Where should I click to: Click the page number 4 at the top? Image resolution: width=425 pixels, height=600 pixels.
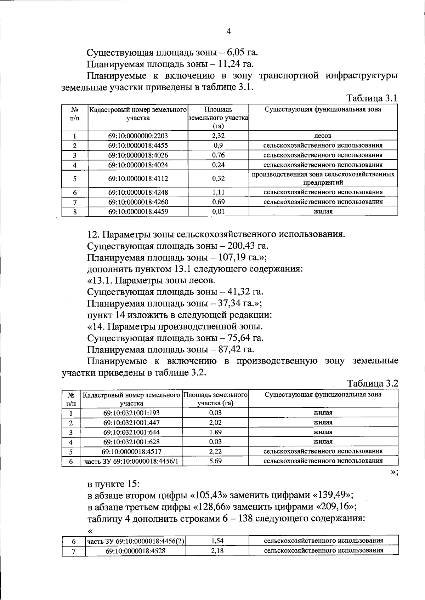pos(228,32)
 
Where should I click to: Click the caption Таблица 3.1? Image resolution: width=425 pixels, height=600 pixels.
pos(372,98)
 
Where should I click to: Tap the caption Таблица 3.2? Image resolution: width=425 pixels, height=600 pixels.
pos(373,383)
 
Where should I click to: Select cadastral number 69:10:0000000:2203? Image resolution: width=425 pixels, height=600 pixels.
pos(138,136)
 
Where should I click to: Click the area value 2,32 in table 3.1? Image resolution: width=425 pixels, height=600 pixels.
pos(218,136)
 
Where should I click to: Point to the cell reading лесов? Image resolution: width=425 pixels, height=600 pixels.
pos(323,136)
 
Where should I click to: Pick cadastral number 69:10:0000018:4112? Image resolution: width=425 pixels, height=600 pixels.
pos(138,179)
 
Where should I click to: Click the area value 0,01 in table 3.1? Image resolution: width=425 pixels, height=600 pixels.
pos(218,212)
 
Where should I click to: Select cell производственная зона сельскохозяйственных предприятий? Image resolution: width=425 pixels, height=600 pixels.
pos(323,179)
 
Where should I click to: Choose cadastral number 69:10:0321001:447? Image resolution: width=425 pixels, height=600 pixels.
pos(131,423)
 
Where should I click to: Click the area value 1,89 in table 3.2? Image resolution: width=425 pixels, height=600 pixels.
pos(215,432)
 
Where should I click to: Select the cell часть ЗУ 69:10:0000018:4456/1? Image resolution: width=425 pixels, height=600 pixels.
pos(131,461)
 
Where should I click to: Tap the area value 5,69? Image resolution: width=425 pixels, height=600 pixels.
pos(215,461)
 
